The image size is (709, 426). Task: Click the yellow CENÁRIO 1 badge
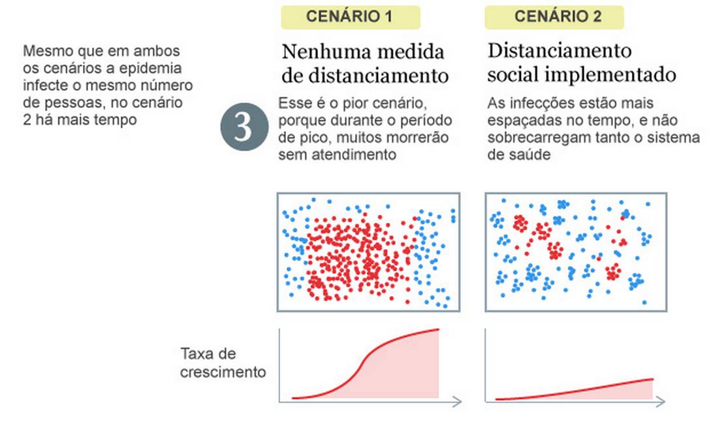[x=350, y=17]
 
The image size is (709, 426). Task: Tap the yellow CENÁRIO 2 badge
[x=554, y=17]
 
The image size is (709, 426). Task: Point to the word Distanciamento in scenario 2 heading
[x=559, y=52]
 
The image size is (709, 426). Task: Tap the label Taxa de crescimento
[x=223, y=363]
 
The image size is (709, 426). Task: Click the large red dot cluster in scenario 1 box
[x=353, y=255]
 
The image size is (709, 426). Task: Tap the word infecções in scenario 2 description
[x=530, y=104]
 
